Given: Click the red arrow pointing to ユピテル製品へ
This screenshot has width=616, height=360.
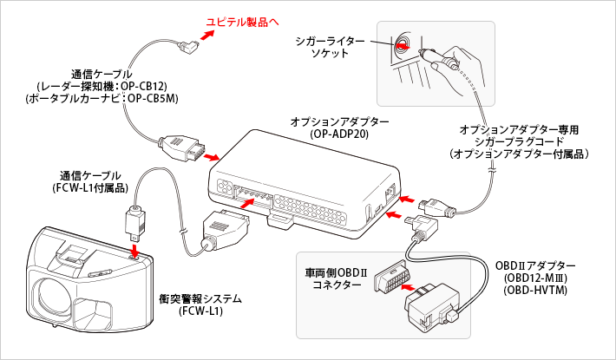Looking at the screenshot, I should coord(208,34).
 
